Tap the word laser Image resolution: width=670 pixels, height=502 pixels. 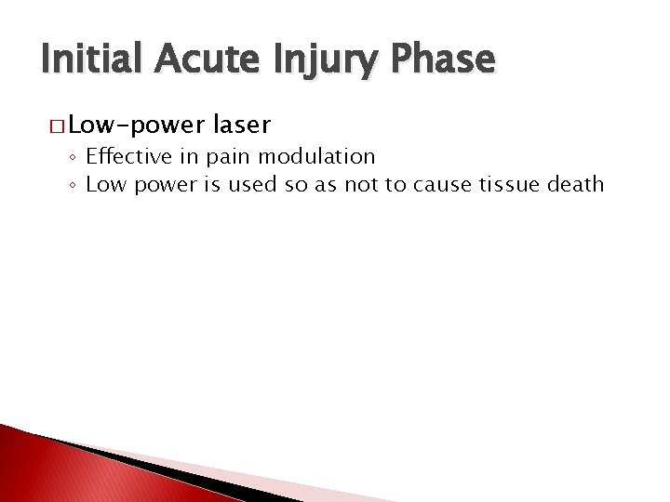pos(242,124)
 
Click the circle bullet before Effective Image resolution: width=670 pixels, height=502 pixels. pos(73,157)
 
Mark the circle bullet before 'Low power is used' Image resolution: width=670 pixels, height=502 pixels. pos(73,185)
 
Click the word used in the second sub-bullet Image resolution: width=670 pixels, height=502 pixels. pos(251,184)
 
